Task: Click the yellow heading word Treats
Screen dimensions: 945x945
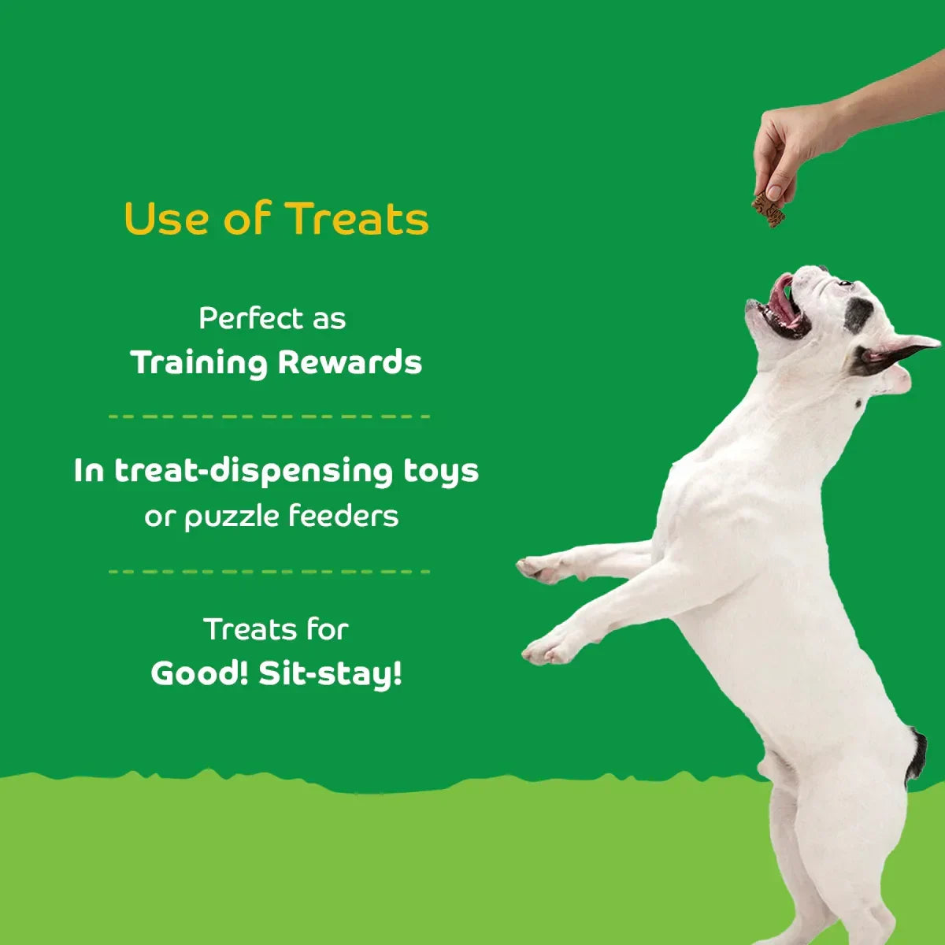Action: pyautogui.click(x=357, y=219)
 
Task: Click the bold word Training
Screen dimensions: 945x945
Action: pyautogui.click(x=199, y=363)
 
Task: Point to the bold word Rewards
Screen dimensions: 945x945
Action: pyautogui.click(x=350, y=362)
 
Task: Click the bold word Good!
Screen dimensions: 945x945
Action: pyautogui.click(x=200, y=673)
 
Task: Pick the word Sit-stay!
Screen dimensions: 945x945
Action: pyautogui.click(x=331, y=675)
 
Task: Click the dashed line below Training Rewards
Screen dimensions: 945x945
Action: pyautogui.click(x=269, y=416)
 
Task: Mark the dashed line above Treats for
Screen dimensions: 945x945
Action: pyautogui.click(x=269, y=571)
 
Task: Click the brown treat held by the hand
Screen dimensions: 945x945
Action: pyautogui.click(x=769, y=209)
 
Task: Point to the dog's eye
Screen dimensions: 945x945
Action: pyautogui.click(x=844, y=283)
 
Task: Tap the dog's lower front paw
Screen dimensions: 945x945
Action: pyautogui.click(x=545, y=649)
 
